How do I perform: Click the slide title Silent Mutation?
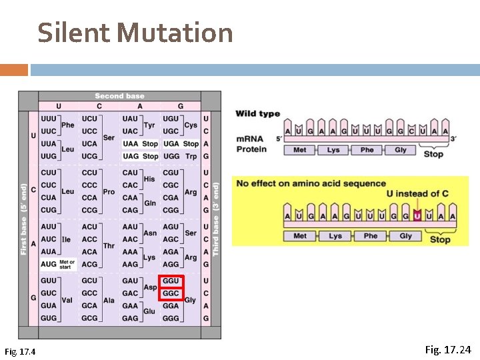pyautogui.click(x=135, y=32)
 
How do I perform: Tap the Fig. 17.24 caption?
pyautogui.click(x=447, y=349)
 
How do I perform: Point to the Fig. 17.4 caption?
pyautogui.click(x=20, y=351)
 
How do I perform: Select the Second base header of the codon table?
pyautogui.click(x=119, y=96)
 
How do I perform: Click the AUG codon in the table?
pyautogui.click(x=49, y=264)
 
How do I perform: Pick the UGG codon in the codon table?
pyautogui.click(x=171, y=156)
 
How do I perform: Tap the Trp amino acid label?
pyautogui.click(x=191, y=156)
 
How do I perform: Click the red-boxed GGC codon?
pyautogui.click(x=171, y=293)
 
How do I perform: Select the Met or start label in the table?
pyautogui.click(x=67, y=264)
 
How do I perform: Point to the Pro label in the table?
pyautogui.click(x=109, y=191)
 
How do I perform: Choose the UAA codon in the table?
pyautogui.click(x=130, y=143)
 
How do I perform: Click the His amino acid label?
pyautogui.click(x=149, y=179)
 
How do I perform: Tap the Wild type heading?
pyautogui.click(x=257, y=113)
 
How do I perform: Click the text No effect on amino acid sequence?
pyautogui.click(x=311, y=183)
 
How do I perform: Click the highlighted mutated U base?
pyautogui.click(x=417, y=215)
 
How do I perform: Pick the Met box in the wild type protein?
pyautogui.click(x=300, y=150)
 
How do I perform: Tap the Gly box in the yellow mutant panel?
pyautogui.click(x=405, y=235)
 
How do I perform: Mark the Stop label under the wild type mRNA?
pyautogui.click(x=433, y=154)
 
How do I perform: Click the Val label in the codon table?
pyautogui.click(x=67, y=300)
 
